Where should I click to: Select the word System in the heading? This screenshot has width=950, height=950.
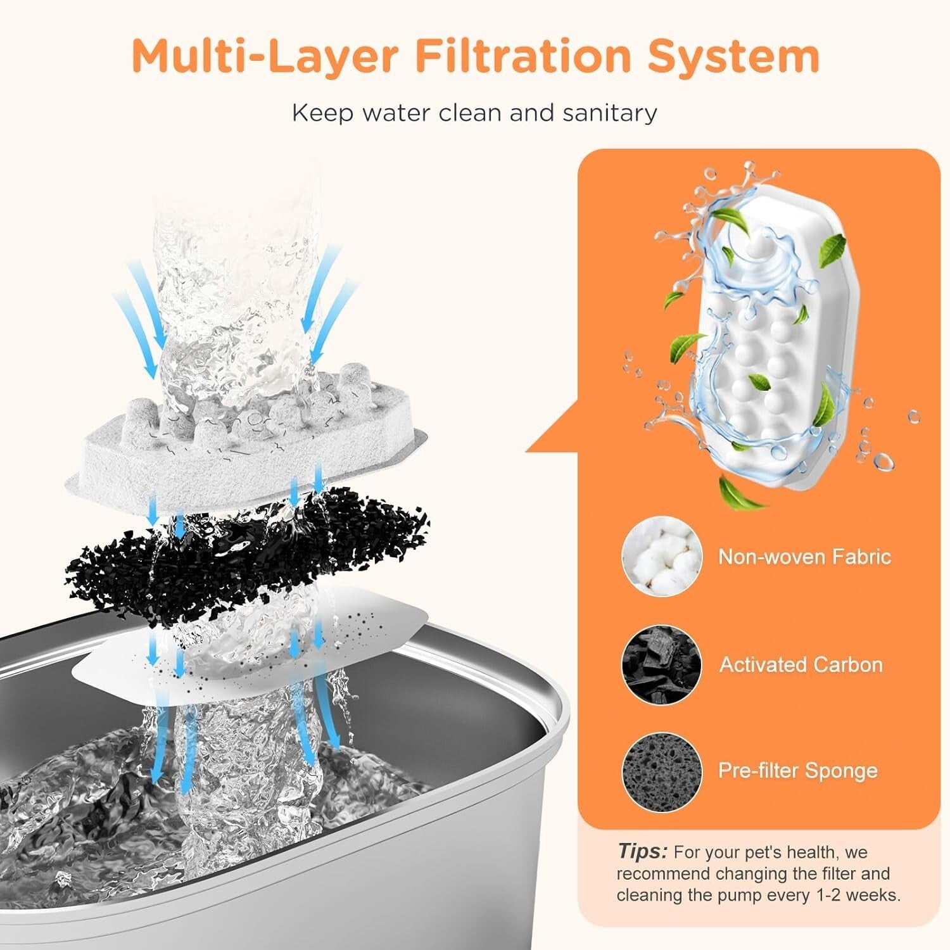[x=733, y=57]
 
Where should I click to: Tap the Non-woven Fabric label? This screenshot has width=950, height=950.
[x=804, y=557]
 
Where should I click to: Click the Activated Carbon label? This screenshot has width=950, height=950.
[x=801, y=664]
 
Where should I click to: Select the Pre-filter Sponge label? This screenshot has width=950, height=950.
[x=797, y=770]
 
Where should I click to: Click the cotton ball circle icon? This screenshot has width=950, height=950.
[x=662, y=557]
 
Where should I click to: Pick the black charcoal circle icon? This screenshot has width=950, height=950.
[x=662, y=664]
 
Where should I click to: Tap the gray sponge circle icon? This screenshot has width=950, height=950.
[x=662, y=770]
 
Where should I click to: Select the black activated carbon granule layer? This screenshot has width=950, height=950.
[x=247, y=557]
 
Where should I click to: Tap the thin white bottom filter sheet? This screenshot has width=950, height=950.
[x=253, y=659]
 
